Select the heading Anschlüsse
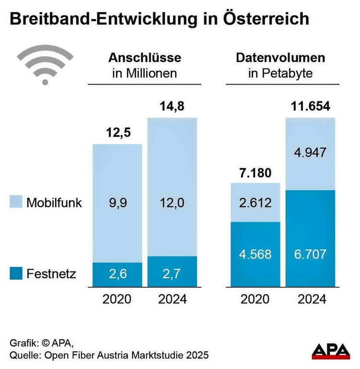click(x=144, y=58)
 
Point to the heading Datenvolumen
click(x=280, y=58)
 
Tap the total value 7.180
click(x=255, y=172)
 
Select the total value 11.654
click(x=310, y=106)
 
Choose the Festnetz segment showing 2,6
click(x=117, y=274)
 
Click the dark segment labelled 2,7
click(x=172, y=274)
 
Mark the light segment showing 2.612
click(x=255, y=202)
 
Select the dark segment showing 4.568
click(x=255, y=254)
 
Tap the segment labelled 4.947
click(x=310, y=153)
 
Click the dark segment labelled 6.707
click(x=310, y=254)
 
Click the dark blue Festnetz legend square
click(x=15, y=274)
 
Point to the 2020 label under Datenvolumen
click(x=255, y=299)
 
